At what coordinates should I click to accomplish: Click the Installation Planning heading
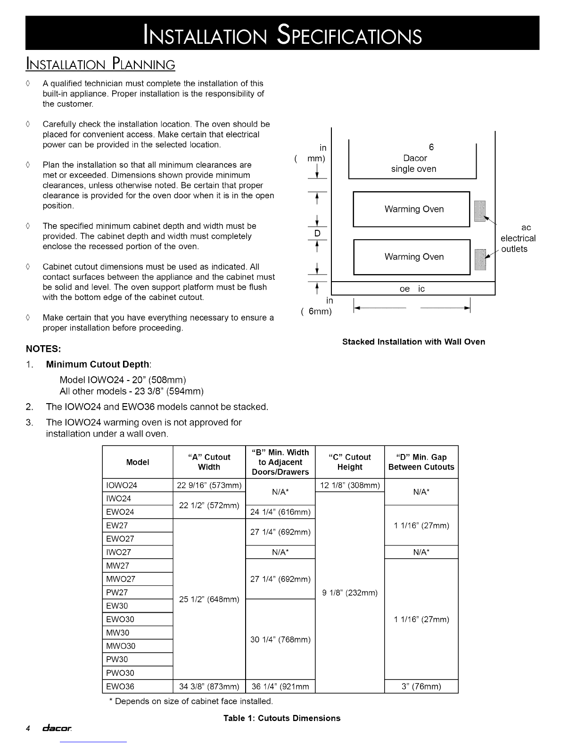100,64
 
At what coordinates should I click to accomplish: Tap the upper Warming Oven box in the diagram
412,209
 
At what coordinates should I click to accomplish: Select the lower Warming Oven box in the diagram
412,257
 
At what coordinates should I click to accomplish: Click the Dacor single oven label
414,163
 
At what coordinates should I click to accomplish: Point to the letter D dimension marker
317,234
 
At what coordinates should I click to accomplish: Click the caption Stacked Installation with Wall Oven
413,342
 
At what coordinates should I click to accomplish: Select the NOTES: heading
43,349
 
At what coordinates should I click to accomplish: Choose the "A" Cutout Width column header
209,462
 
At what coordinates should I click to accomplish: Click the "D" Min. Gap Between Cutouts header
421,462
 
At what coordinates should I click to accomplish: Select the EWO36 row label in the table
120,687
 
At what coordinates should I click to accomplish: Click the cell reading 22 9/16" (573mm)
209,486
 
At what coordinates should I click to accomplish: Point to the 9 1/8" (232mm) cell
350,593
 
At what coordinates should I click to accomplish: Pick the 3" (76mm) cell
421,687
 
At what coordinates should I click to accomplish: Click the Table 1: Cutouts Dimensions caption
282,718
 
